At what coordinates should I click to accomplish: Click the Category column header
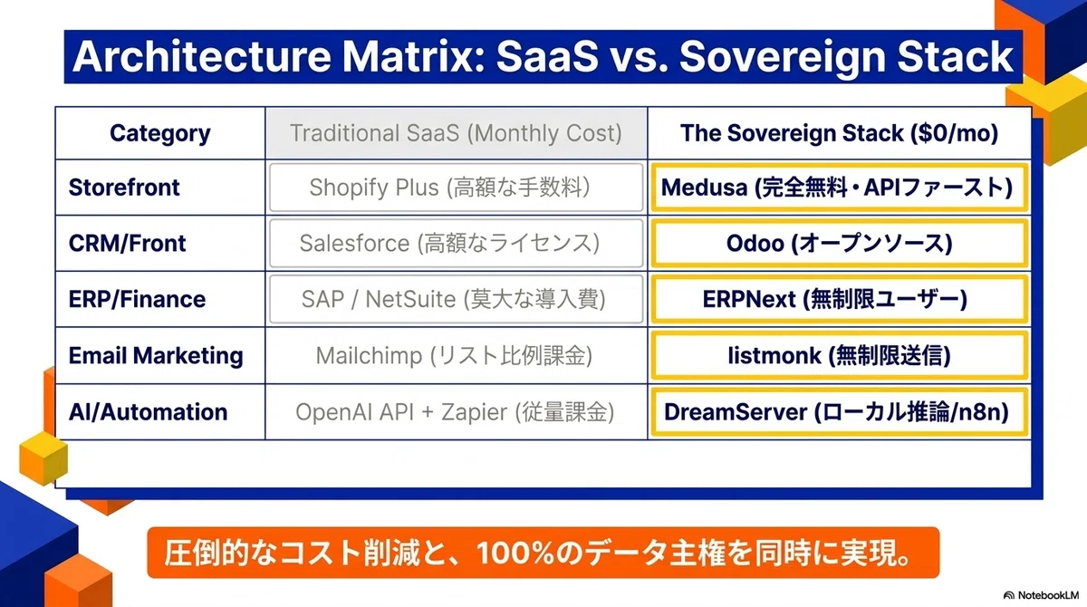160,133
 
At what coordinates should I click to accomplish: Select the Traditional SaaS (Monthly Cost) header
456,133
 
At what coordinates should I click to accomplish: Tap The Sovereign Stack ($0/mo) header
839,133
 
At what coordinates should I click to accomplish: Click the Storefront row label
124,188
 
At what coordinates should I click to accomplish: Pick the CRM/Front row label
127,243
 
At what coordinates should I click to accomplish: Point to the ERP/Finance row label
137,299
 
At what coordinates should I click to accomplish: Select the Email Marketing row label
156,355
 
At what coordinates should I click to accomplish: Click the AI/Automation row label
148,411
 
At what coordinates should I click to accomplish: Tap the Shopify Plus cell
457,188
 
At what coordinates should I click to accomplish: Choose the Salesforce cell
457,243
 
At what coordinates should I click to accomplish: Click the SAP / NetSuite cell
457,299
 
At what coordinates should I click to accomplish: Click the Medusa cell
839,188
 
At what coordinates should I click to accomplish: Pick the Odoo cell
839,243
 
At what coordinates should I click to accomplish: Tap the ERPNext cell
839,299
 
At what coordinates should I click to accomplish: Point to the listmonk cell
839,356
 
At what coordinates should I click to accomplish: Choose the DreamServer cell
839,412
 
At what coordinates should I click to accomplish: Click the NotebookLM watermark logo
1042,595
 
